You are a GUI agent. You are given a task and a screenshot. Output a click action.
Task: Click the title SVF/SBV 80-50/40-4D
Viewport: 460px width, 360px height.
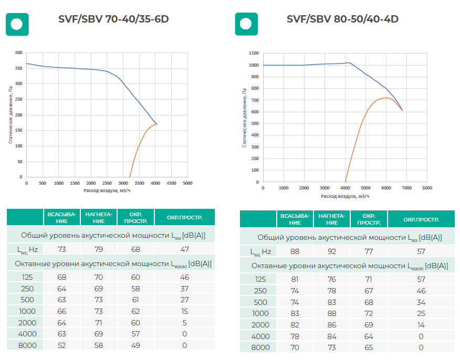pos(342,19)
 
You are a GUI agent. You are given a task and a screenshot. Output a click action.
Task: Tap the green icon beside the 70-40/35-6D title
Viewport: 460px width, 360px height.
pos(17,24)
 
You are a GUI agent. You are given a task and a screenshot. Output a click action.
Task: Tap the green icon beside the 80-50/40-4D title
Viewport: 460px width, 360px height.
pos(246,24)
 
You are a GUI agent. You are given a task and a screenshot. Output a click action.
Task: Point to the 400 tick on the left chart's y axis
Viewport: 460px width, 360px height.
pos(19,53)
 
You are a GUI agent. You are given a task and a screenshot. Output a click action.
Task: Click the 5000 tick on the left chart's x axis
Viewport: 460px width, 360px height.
pos(187,183)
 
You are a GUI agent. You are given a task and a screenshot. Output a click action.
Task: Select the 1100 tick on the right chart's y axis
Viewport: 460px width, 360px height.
pos(254,53)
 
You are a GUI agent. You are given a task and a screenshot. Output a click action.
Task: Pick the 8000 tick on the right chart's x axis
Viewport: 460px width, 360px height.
pos(427,188)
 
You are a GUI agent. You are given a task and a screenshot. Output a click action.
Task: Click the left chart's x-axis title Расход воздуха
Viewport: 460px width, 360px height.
pos(107,190)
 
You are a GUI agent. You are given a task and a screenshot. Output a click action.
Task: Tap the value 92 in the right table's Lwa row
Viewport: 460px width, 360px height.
pos(332,251)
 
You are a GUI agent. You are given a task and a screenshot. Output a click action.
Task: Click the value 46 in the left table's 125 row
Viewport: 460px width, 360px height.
pos(184,277)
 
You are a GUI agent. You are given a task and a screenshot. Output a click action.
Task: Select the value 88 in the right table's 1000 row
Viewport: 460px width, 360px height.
pos(332,313)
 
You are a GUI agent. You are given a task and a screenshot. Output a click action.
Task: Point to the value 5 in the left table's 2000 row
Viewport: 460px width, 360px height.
pos(184,323)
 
